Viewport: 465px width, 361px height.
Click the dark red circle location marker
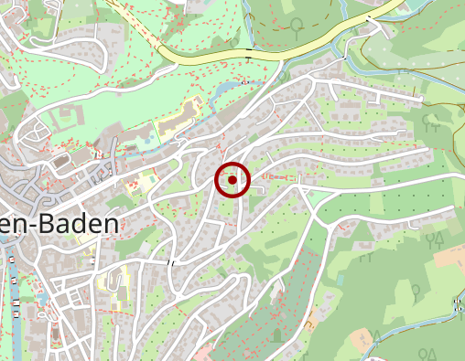tap(232, 180)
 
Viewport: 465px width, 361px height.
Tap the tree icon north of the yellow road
tap(297, 24)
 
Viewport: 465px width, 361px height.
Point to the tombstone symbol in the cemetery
tap(277, 334)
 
